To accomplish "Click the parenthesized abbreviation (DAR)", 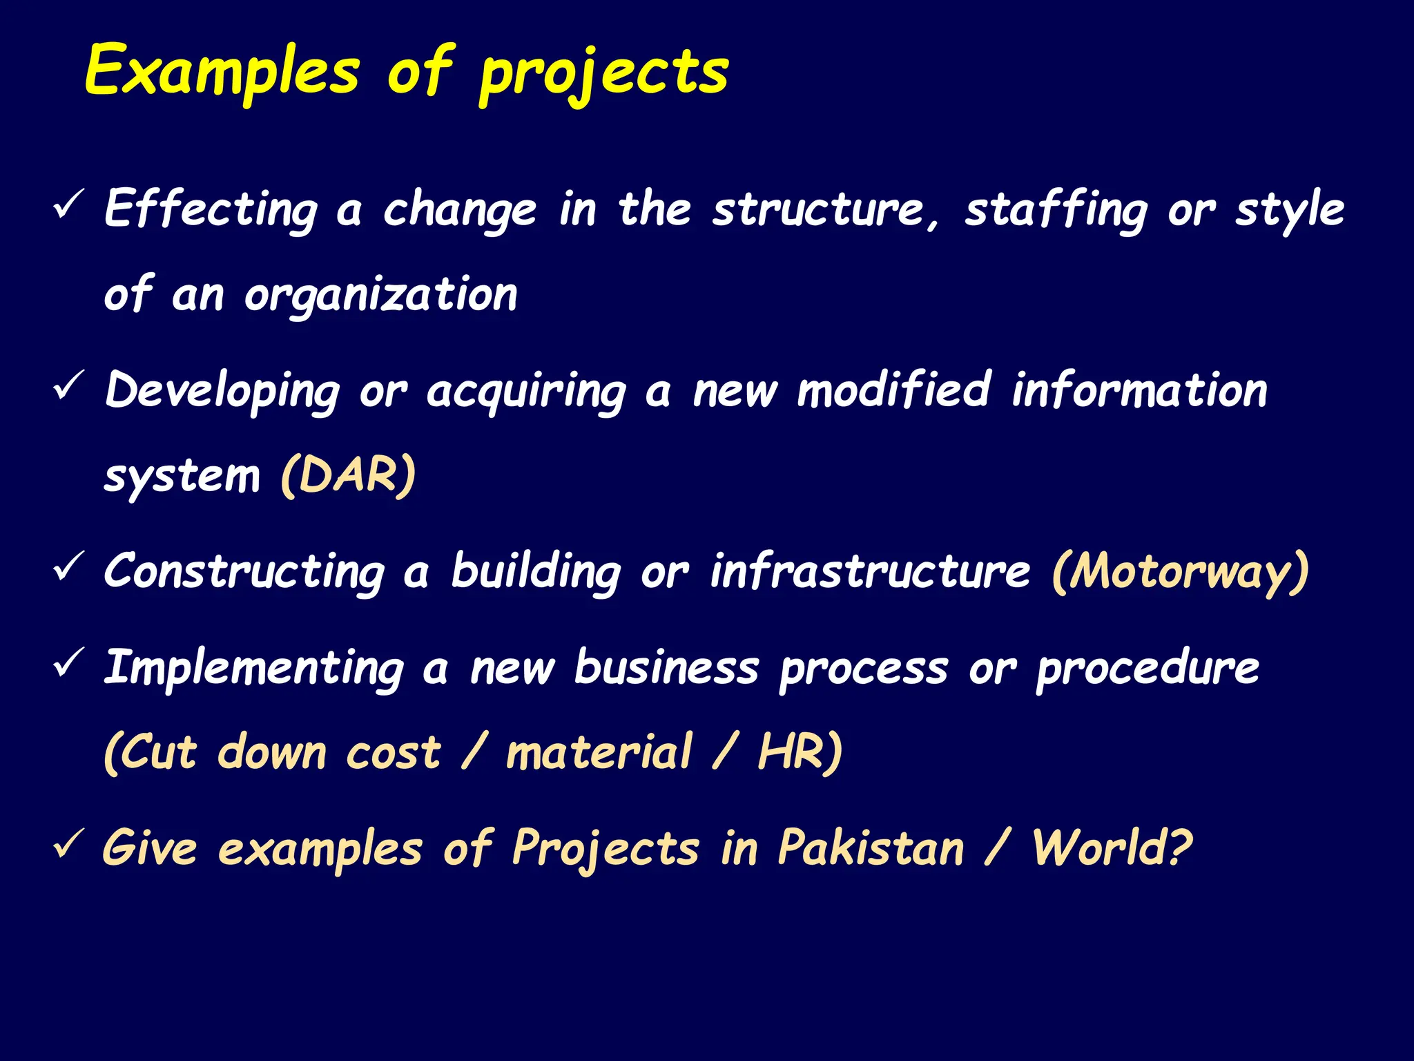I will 349,475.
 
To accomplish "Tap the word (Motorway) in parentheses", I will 1180,572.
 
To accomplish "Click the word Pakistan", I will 871,848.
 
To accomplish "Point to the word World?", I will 1112,848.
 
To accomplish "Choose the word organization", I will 380,296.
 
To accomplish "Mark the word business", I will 667,668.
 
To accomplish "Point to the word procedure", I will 1147,669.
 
